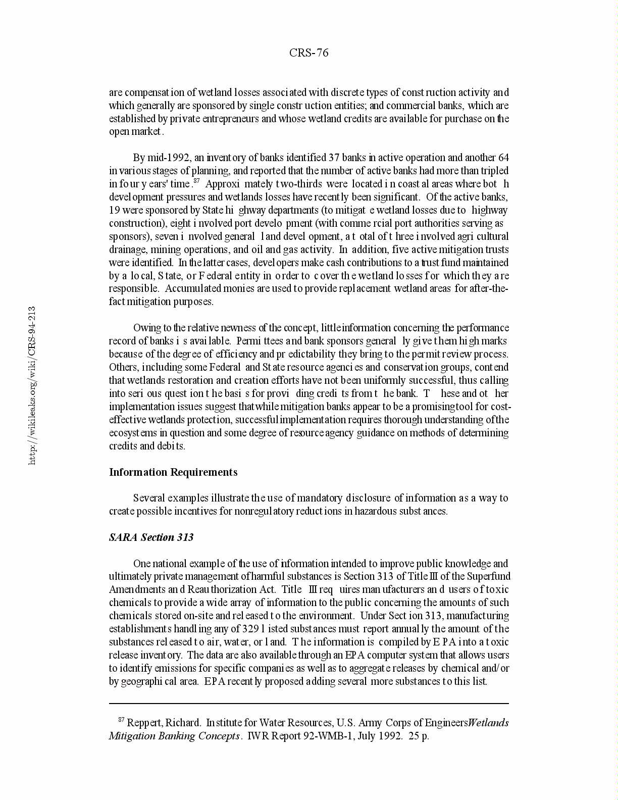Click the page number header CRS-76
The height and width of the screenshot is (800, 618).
point(308,53)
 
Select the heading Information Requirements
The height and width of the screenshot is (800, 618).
point(173,472)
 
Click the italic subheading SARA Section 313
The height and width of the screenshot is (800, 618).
point(151,537)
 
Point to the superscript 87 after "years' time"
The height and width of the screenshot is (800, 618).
point(197,181)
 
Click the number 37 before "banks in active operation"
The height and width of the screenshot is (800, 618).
point(334,158)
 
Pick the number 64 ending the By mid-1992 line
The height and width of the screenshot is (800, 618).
point(503,158)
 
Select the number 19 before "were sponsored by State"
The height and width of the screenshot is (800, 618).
point(115,210)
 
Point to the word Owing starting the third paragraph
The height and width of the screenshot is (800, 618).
point(146,328)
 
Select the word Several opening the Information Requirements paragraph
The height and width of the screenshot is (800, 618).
point(149,498)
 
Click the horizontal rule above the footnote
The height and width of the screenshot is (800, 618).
point(308,703)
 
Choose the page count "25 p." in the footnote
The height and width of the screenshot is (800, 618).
point(419,736)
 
